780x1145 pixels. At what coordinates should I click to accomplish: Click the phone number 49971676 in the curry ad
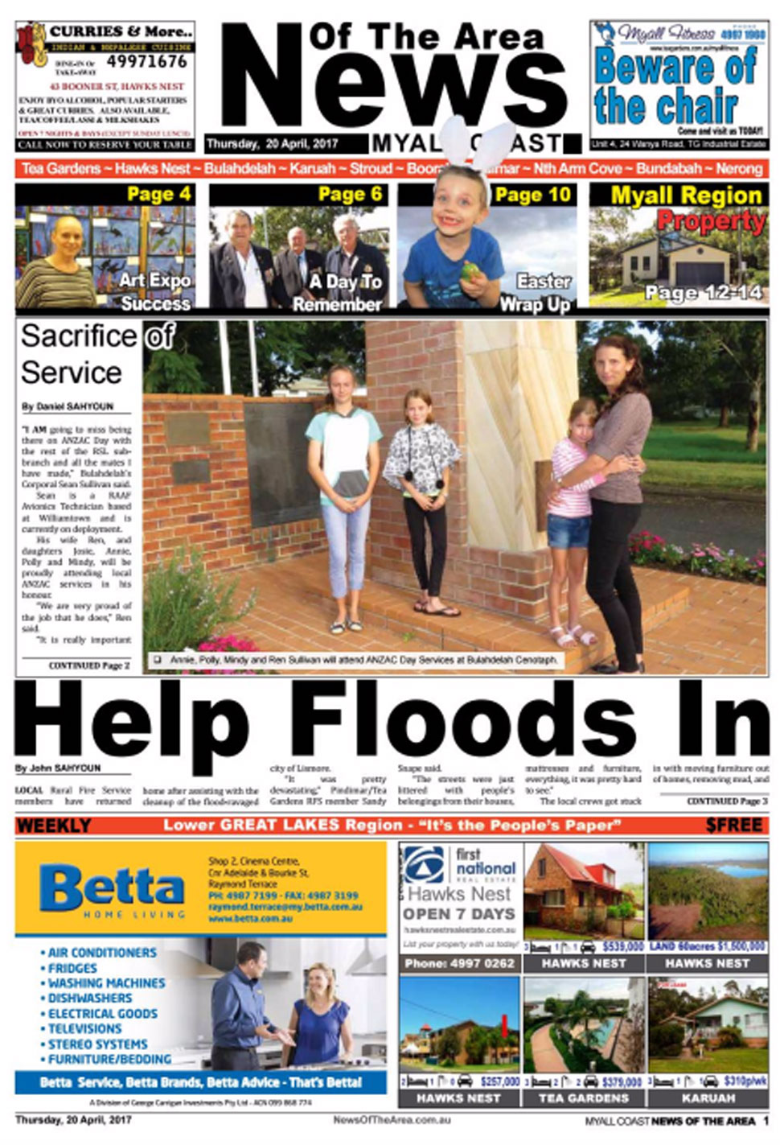tap(146, 62)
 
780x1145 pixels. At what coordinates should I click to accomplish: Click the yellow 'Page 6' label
tap(350, 194)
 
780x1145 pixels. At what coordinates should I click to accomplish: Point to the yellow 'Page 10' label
tap(532, 194)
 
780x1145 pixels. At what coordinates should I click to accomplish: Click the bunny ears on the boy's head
tap(479, 145)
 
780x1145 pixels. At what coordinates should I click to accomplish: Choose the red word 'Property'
tap(711, 220)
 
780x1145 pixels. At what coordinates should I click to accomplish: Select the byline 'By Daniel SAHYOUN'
tap(68, 406)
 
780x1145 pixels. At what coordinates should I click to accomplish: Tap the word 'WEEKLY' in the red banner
tap(54, 826)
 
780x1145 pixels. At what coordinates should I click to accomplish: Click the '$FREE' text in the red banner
tap(733, 826)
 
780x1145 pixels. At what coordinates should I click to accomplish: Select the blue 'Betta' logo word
tap(112, 887)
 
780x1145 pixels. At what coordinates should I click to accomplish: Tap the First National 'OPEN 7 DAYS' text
tap(458, 914)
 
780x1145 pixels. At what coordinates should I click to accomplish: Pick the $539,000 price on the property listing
tap(622, 947)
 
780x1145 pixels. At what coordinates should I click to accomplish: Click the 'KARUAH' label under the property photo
tap(708, 1098)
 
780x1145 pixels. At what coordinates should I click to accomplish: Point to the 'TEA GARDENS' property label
tap(584, 1098)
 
